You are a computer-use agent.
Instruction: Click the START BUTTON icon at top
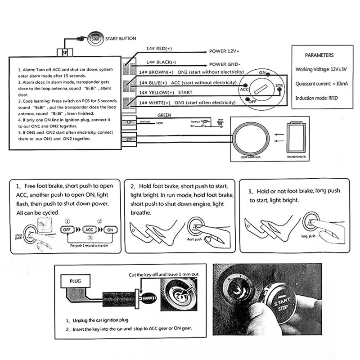point(95,39)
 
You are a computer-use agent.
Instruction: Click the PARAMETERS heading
point(319,55)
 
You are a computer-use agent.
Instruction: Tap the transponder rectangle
point(297,140)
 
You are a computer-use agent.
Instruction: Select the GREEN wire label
point(164,115)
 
